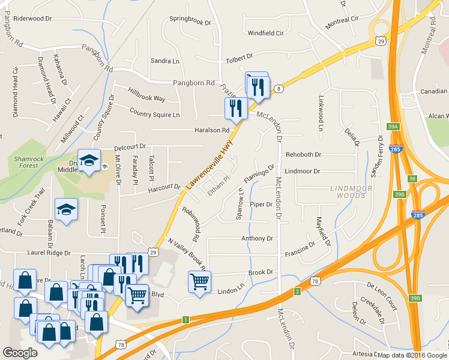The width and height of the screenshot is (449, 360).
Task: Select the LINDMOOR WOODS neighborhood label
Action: pyautogui.click(x=351, y=192)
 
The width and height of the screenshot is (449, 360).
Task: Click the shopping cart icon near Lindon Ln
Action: pyautogui.click(x=199, y=281)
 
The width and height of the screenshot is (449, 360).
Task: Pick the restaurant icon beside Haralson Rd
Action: pyautogui.click(x=235, y=109)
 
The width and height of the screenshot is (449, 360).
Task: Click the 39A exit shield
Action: pyautogui.click(x=393, y=127)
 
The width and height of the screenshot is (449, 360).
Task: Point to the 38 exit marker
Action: pyautogui.click(x=412, y=178)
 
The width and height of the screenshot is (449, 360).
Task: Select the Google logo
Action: pyautogui.click(x=20, y=353)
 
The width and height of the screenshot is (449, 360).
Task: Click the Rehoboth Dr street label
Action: pyautogui.click(x=304, y=154)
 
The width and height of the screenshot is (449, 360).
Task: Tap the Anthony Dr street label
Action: pyautogui.click(x=257, y=238)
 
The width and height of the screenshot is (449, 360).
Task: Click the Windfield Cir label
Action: pyautogui.click(x=265, y=33)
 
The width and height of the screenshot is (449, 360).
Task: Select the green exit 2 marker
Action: pyautogui.click(x=297, y=292)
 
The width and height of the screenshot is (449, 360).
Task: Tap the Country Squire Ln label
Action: pyautogui.click(x=154, y=114)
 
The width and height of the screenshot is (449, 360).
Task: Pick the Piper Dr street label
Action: pyautogui.click(x=261, y=205)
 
